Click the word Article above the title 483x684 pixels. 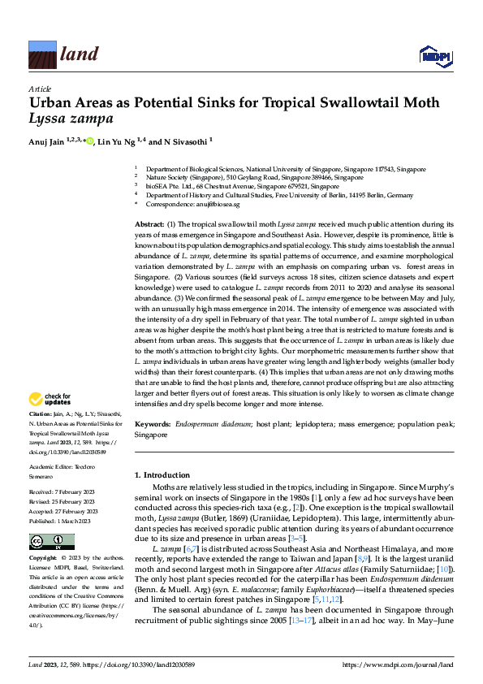click(39, 89)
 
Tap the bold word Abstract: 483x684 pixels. click(149, 223)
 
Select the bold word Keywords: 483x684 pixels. click(152, 425)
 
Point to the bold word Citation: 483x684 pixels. click(41, 413)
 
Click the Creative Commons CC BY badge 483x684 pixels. click(51, 542)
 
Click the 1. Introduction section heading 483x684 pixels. click(161, 474)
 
